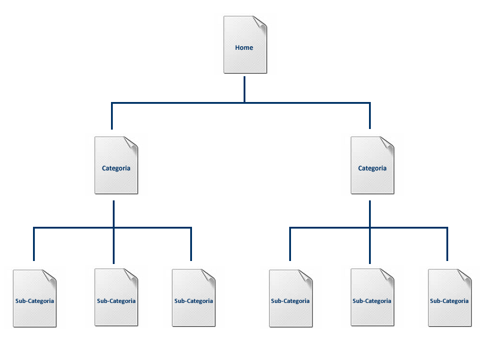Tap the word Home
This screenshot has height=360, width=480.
[x=244, y=47]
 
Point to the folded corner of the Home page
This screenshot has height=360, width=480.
[x=259, y=23]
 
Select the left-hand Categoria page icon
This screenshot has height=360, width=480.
[x=116, y=180]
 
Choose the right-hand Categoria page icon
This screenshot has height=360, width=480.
[x=373, y=180]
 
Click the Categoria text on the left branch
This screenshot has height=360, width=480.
[x=116, y=168]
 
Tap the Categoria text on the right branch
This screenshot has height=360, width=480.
[x=373, y=168]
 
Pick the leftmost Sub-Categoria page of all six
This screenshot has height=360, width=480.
[x=35, y=312]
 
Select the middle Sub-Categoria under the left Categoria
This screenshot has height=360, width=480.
[x=116, y=312]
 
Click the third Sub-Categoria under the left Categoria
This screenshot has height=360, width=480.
[x=193, y=312]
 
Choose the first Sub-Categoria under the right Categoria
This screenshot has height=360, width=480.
[x=290, y=312]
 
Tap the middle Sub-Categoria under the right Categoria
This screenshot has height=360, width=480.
[x=372, y=312]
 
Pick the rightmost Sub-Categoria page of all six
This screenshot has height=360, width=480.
[x=449, y=312]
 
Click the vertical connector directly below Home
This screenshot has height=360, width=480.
[x=245, y=89]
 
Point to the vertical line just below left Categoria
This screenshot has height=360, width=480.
[x=114, y=214]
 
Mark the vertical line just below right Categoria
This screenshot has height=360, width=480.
[x=370, y=214]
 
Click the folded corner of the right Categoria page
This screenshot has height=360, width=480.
[x=387, y=143]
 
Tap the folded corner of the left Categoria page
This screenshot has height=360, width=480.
[x=131, y=143]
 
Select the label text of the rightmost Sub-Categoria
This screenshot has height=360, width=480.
[x=449, y=301]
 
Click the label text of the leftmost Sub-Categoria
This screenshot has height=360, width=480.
[x=35, y=301]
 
